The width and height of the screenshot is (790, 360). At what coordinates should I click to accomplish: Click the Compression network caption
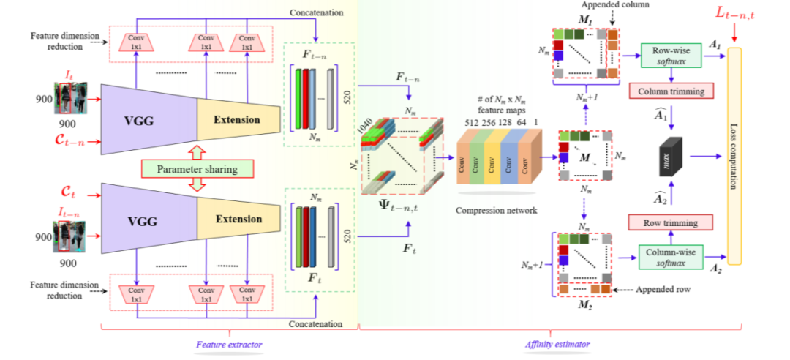496,209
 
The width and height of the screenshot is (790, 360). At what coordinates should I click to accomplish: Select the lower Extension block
238,219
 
